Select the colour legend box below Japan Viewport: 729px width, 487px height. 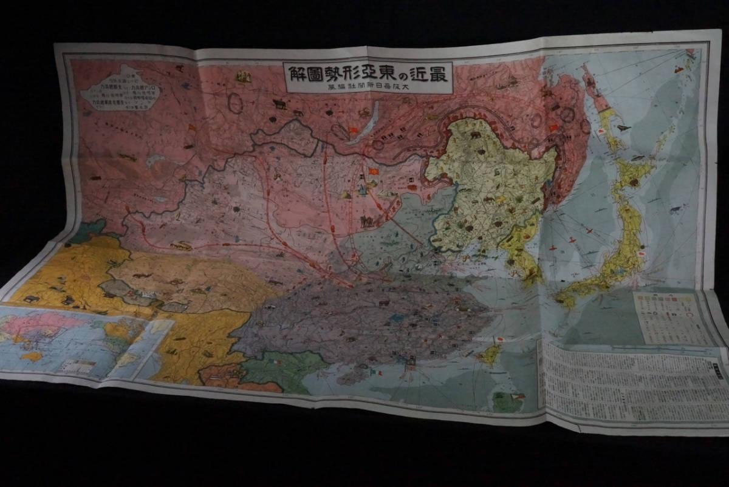[671, 318]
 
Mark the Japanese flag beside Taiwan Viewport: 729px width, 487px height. [499, 340]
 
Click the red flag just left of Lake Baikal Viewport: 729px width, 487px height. [353, 131]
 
